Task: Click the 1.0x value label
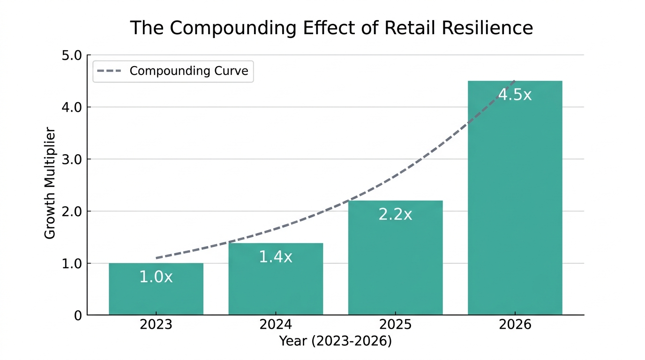(156, 277)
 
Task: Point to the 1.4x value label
(276, 257)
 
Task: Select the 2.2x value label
(395, 215)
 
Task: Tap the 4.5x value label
(515, 95)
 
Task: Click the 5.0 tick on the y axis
(72, 56)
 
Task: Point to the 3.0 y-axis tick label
(72, 160)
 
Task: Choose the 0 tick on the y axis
(77, 316)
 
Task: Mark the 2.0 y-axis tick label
(72, 212)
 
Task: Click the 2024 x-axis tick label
(276, 325)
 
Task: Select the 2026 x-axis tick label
(515, 325)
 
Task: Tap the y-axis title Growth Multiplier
(50, 183)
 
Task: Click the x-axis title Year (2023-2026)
(335, 341)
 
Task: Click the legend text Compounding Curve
(189, 71)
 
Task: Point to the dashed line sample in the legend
(109, 71)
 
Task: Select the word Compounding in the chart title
(232, 28)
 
